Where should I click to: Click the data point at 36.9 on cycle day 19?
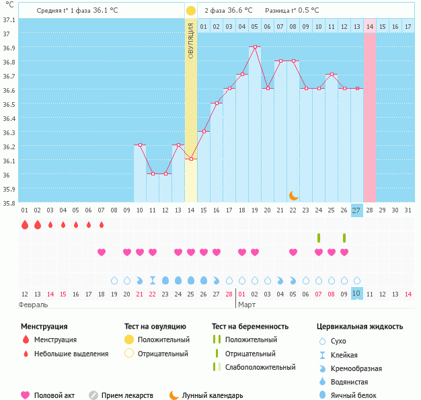point(255,47)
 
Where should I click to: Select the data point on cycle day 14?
point(191,159)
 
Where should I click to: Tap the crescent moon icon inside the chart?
point(293,195)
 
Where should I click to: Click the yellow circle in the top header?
point(191,11)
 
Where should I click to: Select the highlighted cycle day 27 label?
point(357,210)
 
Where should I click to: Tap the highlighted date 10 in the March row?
point(357,294)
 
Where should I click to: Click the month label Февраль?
point(32,305)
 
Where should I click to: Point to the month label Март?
point(247,305)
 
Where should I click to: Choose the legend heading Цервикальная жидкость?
point(360,327)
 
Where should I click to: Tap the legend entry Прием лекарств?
point(127,395)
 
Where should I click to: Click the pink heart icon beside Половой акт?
point(26,395)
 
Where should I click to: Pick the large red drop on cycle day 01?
point(25,225)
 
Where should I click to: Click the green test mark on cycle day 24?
point(319,238)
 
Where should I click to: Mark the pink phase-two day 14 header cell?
point(370,26)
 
